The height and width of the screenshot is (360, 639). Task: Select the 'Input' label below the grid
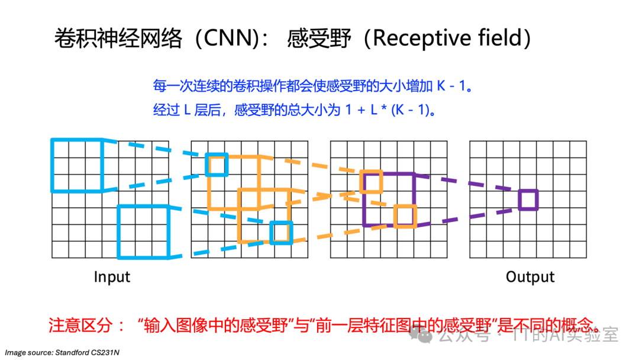tap(112, 277)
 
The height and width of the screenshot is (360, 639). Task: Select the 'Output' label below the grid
tap(530, 277)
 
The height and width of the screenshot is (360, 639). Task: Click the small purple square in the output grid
tap(528, 200)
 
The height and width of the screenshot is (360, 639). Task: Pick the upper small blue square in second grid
tap(216, 165)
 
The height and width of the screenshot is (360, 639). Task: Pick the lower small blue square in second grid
tap(281, 232)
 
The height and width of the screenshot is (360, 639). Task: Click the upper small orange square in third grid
tap(372, 182)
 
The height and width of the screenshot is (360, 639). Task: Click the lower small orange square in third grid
tap(405, 216)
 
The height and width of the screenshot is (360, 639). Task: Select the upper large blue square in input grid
tap(78, 166)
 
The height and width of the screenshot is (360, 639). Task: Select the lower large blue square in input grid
tap(144, 232)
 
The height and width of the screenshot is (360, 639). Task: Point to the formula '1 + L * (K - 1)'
tap(387, 110)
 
